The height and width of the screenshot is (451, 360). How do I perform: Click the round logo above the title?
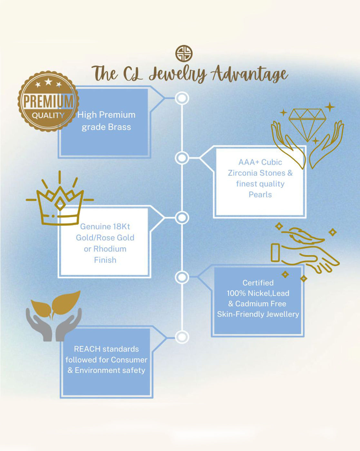point(184,53)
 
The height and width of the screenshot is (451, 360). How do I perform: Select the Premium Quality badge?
point(48,101)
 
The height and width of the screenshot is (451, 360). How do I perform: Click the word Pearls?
point(260,195)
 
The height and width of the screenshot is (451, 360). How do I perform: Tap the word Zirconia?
point(247,173)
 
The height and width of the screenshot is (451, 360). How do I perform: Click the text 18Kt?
point(122,226)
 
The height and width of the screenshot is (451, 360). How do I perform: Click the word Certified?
point(258,283)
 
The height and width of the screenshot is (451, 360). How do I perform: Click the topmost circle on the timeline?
point(182,98)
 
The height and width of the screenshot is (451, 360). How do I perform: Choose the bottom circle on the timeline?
point(182,337)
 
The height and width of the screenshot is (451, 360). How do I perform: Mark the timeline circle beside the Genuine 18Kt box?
point(182,218)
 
